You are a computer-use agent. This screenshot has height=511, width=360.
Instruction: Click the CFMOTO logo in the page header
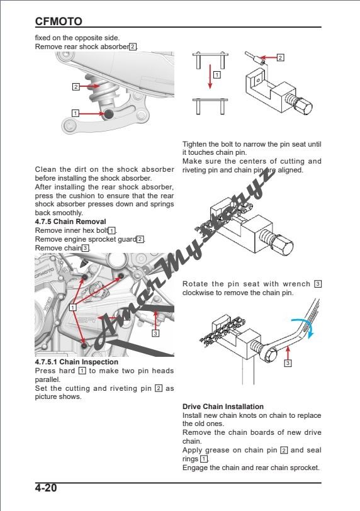[59, 21]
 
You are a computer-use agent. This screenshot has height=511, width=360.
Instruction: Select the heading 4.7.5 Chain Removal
[70, 222]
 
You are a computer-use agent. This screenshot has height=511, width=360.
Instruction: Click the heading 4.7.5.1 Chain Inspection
[76, 362]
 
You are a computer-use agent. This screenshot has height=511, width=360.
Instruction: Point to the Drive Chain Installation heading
[223, 407]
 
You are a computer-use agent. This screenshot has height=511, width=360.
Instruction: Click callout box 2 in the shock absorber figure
[76, 86]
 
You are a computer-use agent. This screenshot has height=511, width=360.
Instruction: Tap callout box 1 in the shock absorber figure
[76, 113]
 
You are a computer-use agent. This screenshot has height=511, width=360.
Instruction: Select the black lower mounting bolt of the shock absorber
[109, 114]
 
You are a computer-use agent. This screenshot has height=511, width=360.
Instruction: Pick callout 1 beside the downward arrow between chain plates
[217, 74]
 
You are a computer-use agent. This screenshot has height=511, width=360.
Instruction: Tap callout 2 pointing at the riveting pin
[280, 58]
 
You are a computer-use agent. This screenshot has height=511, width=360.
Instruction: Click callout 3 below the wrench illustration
[288, 363]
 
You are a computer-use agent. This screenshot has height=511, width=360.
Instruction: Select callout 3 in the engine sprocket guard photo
[155, 332]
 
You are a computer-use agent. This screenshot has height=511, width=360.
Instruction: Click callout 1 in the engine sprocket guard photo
[73, 307]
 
